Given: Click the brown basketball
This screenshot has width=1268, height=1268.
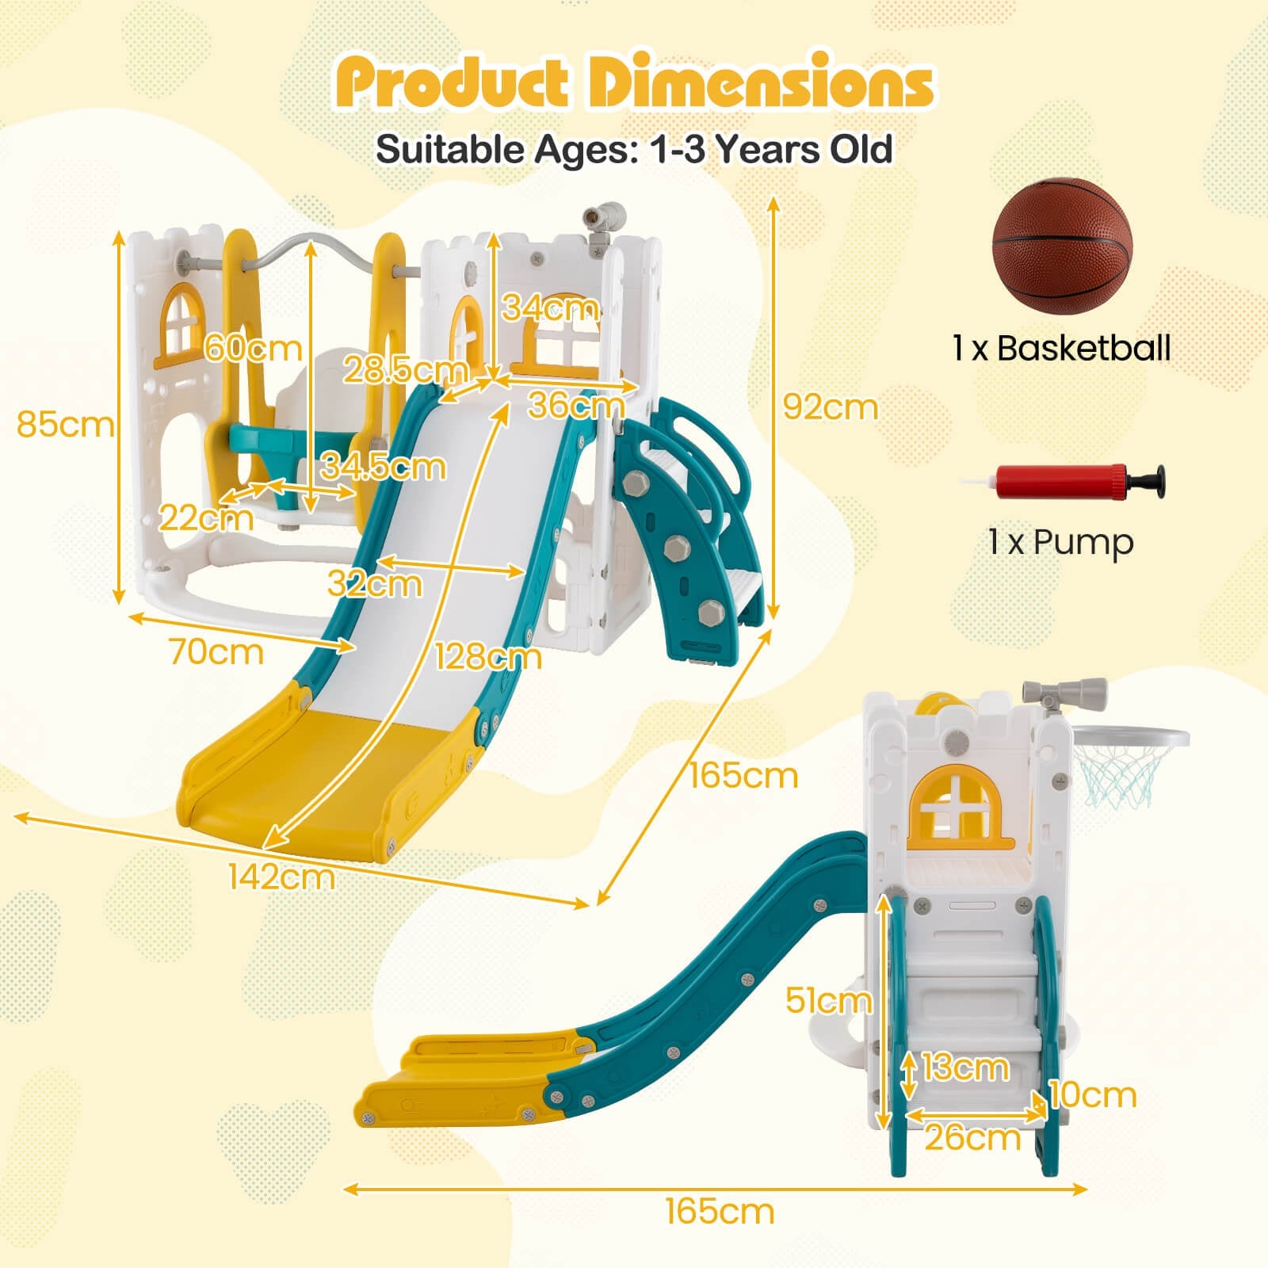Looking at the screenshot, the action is pos(1063,246).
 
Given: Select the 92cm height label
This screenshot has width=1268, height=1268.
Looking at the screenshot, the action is pos(831,407).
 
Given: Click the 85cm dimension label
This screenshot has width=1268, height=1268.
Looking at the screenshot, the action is pos(66,425).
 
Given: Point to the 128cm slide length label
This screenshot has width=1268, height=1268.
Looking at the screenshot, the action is pos(488,656).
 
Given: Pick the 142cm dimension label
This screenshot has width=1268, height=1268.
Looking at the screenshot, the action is pos(281,877).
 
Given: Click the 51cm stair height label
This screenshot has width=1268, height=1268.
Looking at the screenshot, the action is pos(828,1001).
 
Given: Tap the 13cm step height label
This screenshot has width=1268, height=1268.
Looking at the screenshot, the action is pos(965,1067).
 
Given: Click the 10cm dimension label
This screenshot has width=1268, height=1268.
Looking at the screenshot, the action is pos(1094,1095).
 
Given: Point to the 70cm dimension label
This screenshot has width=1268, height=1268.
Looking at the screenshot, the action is pos(216,652).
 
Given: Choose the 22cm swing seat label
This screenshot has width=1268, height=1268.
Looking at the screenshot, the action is pos(207,518).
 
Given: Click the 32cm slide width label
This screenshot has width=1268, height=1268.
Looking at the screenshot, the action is pos(375,584).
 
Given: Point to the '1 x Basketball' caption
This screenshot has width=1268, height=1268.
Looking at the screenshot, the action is pos(1061,348).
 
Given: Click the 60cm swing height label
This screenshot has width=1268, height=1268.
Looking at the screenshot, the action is pos(253,349).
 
